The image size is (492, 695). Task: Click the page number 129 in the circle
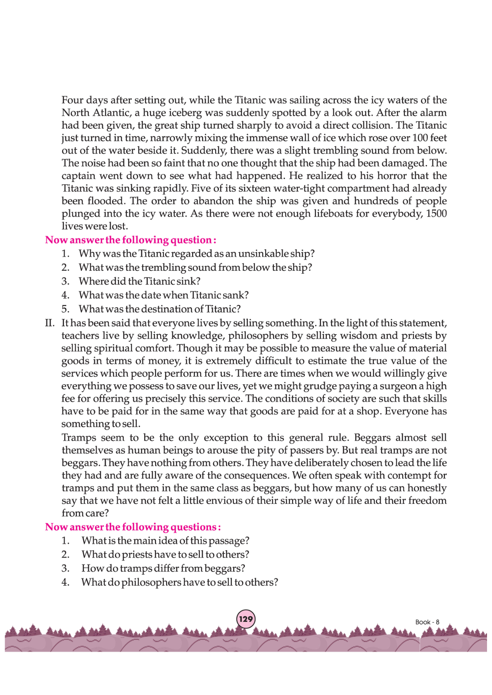(246, 619)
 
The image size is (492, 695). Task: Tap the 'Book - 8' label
(427, 622)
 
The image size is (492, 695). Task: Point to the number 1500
(436, 213)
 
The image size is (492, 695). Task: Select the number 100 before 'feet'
(420, 138)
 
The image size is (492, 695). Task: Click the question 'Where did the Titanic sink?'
(139, 281)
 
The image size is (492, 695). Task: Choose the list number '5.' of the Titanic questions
(66, 309)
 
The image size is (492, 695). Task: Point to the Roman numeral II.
(50, 323)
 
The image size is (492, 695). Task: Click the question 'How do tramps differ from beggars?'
(163, 568)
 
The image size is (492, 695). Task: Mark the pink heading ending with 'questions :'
(133, 527)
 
